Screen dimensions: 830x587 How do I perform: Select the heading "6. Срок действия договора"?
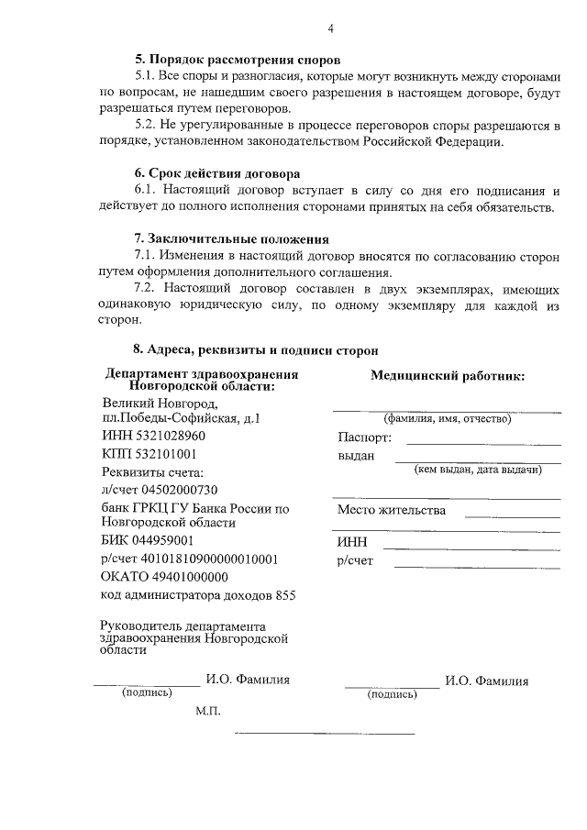click(x=216, y=173)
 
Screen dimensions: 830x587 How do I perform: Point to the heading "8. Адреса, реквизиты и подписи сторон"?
click(x=255, y=349)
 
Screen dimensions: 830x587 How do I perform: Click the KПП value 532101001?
click(x=175, y=454)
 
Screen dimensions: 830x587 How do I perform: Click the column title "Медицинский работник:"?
click(x=448, y=376)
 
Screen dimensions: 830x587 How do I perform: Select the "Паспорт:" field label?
click(x=364, y=437)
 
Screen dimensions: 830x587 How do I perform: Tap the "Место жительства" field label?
click(x=392, y=510)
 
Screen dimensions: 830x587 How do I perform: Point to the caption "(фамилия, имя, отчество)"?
click(x=447, y=418)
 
